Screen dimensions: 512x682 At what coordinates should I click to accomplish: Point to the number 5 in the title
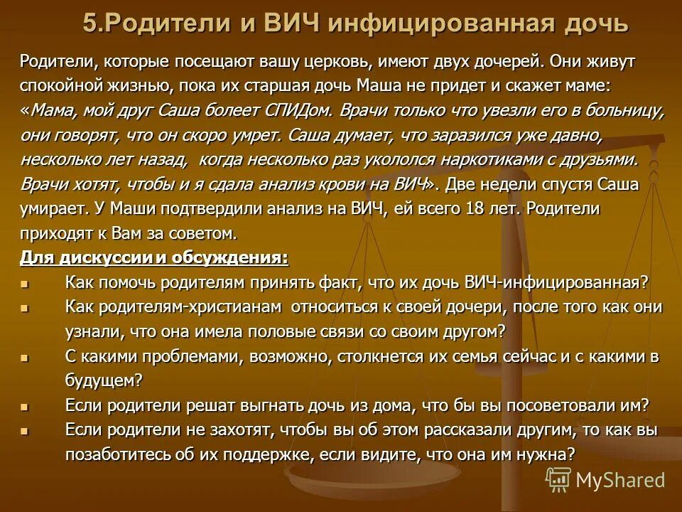coord(89,23)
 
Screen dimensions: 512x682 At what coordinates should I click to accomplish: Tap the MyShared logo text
coord(619,480)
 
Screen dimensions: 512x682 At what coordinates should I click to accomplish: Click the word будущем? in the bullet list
coord(104,380)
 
